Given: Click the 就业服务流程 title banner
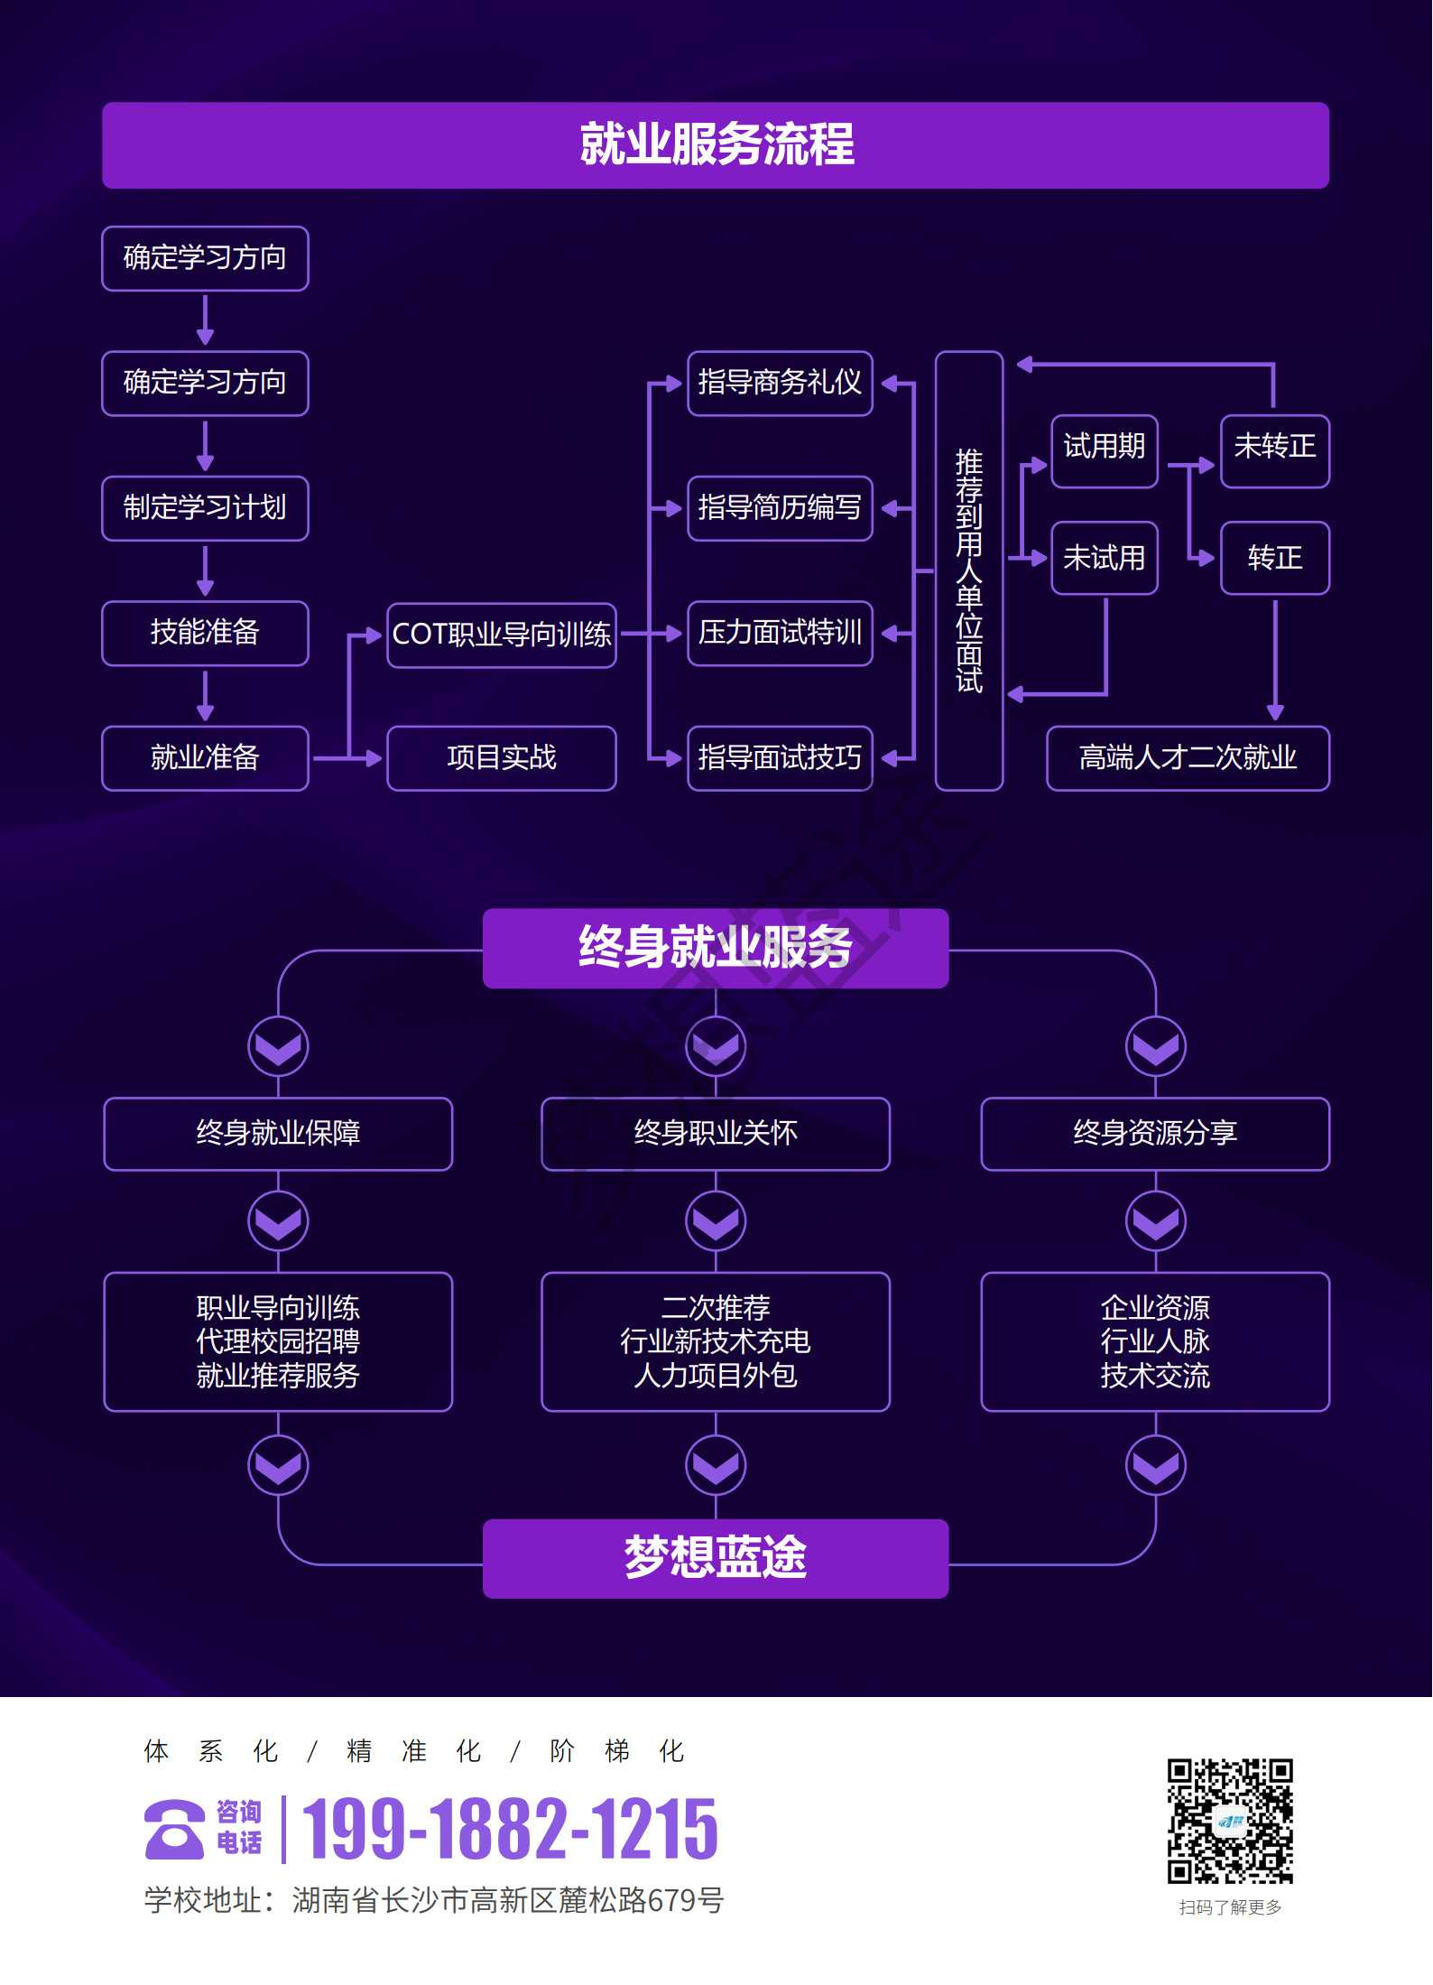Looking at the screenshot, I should coord(715,145).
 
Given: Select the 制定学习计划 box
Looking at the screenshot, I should coord(205,508).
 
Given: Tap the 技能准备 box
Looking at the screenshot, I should coord(205,633).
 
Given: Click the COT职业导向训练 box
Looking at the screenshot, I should coord(501,635).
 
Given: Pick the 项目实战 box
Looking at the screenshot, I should coord(501,758).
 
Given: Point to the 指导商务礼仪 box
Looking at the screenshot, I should coord(780,384).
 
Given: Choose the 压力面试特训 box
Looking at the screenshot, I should coord(780,633).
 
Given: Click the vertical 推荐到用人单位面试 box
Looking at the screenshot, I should coord(968,570).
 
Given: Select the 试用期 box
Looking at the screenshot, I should coord(1104,450).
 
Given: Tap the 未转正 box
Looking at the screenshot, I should coord(1274,450).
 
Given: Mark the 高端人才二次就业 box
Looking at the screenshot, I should coord(1187,758).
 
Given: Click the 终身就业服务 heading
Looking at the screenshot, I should coord(715,948).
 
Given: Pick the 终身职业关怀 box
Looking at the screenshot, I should coord(715,1134).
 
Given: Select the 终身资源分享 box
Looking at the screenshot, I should coord(1154,1134).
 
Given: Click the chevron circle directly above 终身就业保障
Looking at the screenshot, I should coord(278,1047).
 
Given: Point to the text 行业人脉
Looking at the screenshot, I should coord(1154,1342).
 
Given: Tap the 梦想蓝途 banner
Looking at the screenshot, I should coord(715,1558).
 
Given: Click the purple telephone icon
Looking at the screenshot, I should coord(174,1830).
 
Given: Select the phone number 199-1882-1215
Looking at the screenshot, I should coord(510,1830).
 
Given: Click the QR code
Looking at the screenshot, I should coord(1229,1821).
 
